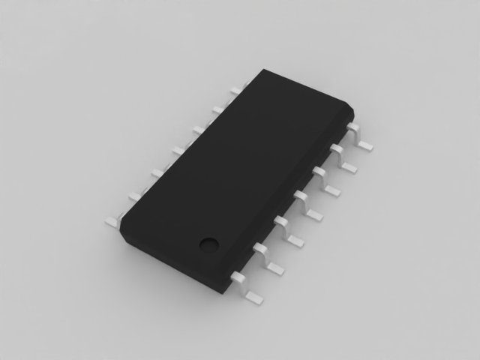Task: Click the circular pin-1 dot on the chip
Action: [x=208, y=243]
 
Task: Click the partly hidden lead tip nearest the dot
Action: [x=112, y=221]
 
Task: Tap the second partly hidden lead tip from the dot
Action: [x=134, y=196]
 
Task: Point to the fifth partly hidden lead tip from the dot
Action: [x=196, y=129]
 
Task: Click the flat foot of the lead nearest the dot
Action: [x=253, y=295]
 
